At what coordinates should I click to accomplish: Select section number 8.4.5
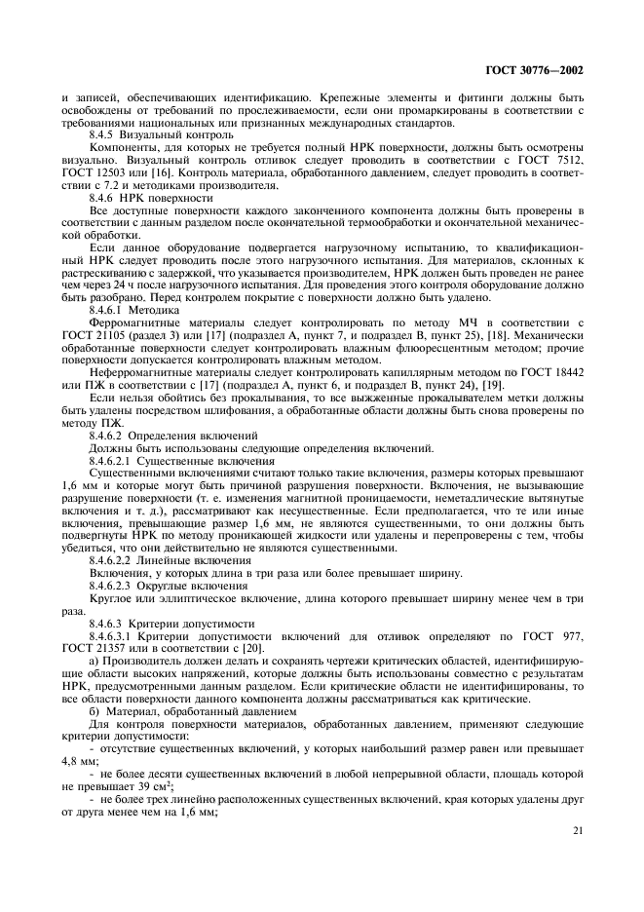(x=103, y=135)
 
